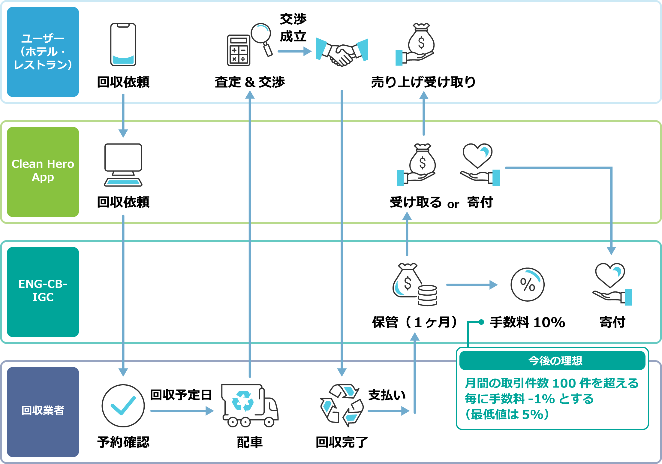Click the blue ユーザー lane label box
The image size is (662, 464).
[x=43, y=52]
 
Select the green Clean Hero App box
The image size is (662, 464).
[x=43, y=172]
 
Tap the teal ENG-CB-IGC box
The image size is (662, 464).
[x=43, y=292]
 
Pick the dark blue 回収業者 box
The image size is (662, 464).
[x=43, y=412]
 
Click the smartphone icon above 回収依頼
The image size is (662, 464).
[x=123, y=44]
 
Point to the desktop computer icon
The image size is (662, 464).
[x=123, y=165]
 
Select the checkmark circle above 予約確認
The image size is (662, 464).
[x=123, y=405]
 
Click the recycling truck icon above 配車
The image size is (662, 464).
[x=250, y=405]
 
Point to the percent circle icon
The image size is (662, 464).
[x=527, y=285]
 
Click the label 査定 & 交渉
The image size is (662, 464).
[x=250, y=82]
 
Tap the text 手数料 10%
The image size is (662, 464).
[x=528, y=323]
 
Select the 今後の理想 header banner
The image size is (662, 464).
[x=552, y=361]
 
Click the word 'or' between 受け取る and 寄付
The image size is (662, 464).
[x=453, y=204]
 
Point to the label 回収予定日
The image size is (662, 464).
[x=181, y=395]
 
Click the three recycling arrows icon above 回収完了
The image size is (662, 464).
[x=342, y=405]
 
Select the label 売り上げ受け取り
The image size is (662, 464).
[x=423, y=82]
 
